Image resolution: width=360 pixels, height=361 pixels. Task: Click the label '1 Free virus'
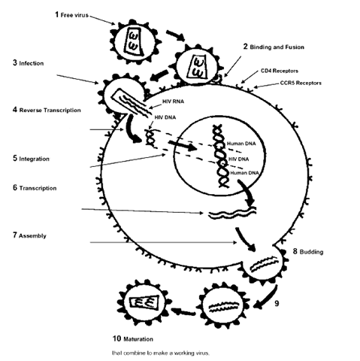(71, 15)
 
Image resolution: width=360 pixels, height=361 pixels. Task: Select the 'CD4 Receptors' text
(280, 71)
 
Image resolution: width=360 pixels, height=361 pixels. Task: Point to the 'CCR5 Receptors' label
(301, 83)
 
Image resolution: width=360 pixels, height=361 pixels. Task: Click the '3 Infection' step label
(29, 63)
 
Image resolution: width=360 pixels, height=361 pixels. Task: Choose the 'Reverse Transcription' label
(50, 111)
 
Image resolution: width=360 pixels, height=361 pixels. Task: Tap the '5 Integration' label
(31, 159)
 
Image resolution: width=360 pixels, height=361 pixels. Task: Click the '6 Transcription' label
(35, 188)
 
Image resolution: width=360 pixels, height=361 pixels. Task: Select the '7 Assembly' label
(29, 235)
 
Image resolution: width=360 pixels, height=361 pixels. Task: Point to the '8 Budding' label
(308, 251)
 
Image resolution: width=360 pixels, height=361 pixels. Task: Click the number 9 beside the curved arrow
(277, 304)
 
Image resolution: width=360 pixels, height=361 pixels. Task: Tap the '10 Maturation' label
(133, 338)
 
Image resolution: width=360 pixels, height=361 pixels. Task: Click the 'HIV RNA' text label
(173, 102)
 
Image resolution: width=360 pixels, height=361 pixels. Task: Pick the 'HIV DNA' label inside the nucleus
(238, 159)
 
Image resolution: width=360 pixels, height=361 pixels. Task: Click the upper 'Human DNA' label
(241, 144)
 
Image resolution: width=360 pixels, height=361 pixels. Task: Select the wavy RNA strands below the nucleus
(233, 213)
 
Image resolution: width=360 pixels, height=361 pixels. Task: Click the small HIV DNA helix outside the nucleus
(150, 138)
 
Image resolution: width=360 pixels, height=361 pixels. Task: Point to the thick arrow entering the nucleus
(183, 146)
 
